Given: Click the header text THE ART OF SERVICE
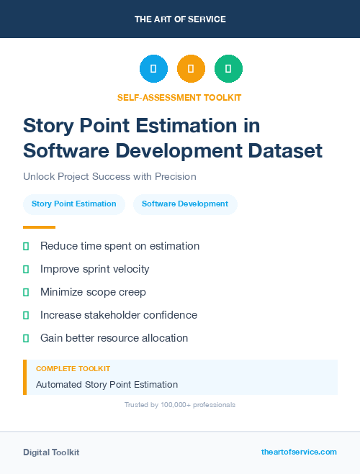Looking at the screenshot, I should coord(180,19).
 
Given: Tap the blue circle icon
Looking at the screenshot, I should coord(153,69).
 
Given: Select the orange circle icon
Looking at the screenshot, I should coord(191,69).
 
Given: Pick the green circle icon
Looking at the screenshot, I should coord(228,69).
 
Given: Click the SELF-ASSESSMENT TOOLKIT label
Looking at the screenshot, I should coord(180,97).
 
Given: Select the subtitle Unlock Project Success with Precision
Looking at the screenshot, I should coord(109,176).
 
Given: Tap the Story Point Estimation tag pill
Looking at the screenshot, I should coord(74,204).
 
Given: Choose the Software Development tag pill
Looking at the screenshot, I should coord(185,204).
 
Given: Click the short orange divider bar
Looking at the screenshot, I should coord(39,227).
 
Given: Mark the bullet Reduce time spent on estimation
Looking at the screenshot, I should coord(120,246).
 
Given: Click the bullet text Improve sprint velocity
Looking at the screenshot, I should coord(95,269).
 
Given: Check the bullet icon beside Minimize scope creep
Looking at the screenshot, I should coord(26,292).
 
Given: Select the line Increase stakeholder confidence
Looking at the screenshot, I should coord(119,315).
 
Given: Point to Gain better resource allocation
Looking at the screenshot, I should coord(114,338).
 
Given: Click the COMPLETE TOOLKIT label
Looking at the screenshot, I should coord(73,368).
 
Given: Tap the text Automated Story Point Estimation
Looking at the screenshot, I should coord(107,385).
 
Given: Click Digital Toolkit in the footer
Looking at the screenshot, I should coord(51,452).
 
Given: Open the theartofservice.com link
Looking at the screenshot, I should coord(299,452).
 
